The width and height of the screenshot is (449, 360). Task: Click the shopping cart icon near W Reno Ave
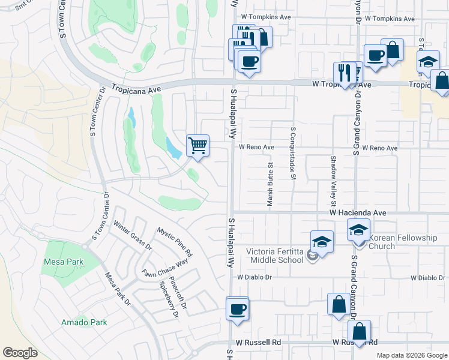tap(197, 145)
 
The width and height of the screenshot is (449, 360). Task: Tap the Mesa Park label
tap(63, 262)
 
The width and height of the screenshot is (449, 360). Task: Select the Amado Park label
tap(84, 322)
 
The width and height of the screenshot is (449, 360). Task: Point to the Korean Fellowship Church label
tap(403, 242)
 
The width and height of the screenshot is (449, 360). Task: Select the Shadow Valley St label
tap(334, 179)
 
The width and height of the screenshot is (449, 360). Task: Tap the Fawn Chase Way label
tap(165, 268)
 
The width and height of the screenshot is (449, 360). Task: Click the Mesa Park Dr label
tap(118, 289)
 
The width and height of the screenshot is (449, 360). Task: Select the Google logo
tap(20, 353)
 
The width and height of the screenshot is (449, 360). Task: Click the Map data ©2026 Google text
tap(411, 355)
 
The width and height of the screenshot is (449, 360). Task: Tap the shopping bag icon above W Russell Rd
tap(338, 304)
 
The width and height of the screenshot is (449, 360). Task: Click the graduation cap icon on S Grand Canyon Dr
tap(358, 229)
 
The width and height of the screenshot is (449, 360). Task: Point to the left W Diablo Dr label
tap(255, 277)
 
